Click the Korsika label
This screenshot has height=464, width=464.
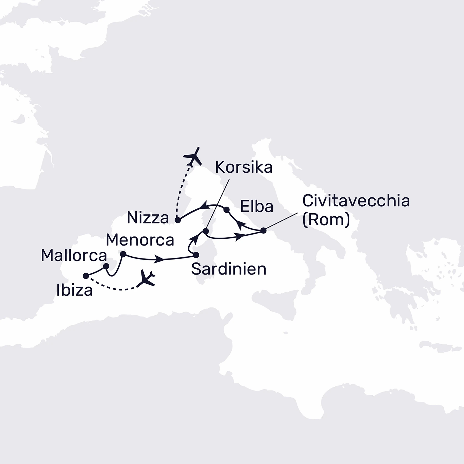tap(244, 167)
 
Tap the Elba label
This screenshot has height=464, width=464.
tap(257, 206)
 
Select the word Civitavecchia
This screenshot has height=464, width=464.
tap(356, 201)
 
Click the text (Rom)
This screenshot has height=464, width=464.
tap(326, 220)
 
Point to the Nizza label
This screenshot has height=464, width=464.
tap(148, 218)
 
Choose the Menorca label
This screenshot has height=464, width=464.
tap(140, 240)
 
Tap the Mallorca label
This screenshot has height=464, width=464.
tap(74, 256)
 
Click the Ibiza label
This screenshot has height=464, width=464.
tap(74, 291)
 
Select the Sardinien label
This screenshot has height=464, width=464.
tap(229, 269)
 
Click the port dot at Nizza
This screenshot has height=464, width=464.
tap(178, 220)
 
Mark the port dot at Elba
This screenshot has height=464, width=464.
tap(226, 210)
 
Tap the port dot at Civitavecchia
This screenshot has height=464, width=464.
tap(263, 230)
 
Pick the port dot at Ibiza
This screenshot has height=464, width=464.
tap(86, 276)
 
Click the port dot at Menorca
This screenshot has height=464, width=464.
tap(123, 254)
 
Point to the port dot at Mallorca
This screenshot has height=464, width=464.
tap(106, 266)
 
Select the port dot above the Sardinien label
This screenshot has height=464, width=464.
tap(196, 255)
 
